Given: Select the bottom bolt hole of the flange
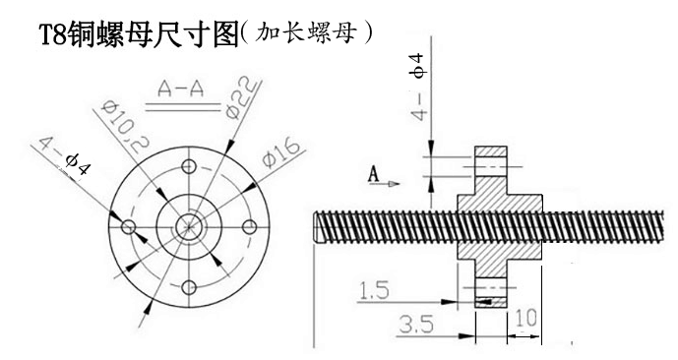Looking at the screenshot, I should coord(188,287).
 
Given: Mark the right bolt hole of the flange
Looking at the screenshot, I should coord(249,227).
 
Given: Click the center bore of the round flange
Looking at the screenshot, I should coord(188,227).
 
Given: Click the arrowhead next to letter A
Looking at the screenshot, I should coord(395,182).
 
